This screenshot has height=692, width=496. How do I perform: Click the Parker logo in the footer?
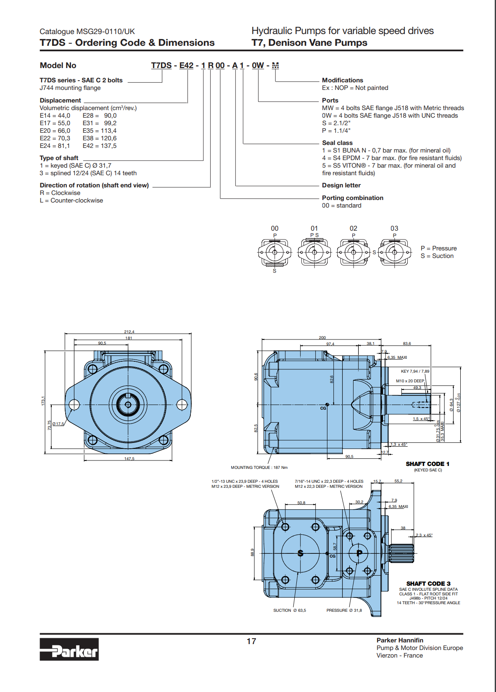tap(69, 649)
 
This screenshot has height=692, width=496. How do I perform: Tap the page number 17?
tap(251, 641)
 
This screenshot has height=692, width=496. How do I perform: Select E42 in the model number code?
tap(186, 66)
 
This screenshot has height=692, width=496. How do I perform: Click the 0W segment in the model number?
tap(258, 66)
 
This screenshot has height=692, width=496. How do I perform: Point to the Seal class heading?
tap(337, 143)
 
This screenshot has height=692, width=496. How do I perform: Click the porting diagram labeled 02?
tap(354, 252)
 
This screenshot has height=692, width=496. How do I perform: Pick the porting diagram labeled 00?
tap(274, 252)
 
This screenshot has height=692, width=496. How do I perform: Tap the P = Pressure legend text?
tap(438, 248)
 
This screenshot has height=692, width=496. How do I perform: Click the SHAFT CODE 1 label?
tap(427, 464)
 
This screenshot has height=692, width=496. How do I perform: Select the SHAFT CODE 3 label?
tap(428, 584)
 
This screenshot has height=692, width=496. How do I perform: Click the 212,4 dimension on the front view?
tap(129, 332)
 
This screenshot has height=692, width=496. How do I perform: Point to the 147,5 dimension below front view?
tap(129, 459)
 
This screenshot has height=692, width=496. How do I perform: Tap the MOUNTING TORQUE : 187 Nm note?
tap(259, 467)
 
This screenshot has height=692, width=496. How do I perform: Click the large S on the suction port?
tap(300, 553)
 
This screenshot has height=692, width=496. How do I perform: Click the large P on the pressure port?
tap(359, 553)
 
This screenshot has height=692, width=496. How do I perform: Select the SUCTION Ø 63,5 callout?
tap(289, 610)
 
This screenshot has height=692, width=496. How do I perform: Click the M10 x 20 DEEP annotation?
tap(410, 381)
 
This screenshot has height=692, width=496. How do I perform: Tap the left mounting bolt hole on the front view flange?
tap(74, 405)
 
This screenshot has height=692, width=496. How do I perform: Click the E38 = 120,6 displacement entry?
tap(100, 138)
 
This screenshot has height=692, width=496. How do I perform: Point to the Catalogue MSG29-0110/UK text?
tap(87, 32)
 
